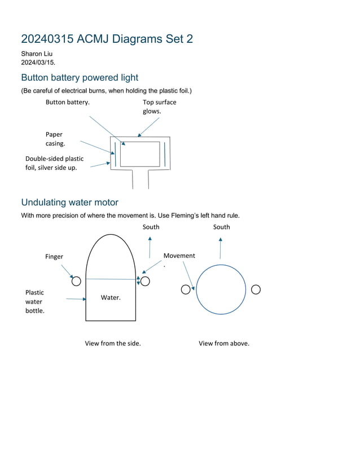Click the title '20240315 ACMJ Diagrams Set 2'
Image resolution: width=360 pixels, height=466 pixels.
(107, 39)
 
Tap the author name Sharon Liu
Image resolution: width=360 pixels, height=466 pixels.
(37, 54)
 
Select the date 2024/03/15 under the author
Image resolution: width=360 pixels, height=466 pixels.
(38, 61)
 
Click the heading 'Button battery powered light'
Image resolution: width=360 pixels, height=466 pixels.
(80, 78)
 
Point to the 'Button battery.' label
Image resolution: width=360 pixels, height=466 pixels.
(67, 102)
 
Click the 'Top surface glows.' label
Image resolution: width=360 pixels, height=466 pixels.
(159, 107)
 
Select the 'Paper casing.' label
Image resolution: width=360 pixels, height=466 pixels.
(55, 139)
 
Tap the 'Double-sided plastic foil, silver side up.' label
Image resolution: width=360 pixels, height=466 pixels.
(54, 163)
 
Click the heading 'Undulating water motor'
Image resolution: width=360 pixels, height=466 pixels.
(69, 202)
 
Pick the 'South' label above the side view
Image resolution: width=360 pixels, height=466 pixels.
(151, 227)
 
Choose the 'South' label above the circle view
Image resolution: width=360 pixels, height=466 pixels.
(221, 227)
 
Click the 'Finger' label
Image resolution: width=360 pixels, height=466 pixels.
(54, 257)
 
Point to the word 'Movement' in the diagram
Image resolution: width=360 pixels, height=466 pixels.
(179, 256)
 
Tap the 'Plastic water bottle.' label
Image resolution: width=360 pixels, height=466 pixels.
(34, 301)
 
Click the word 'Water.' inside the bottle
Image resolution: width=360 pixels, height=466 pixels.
(111, 297)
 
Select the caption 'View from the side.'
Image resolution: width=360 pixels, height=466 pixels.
(113, 343)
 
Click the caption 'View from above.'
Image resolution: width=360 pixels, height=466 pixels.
(223, 343)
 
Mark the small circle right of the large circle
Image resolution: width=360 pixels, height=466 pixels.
(256, 289)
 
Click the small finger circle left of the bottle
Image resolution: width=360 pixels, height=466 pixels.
(76, 281)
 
